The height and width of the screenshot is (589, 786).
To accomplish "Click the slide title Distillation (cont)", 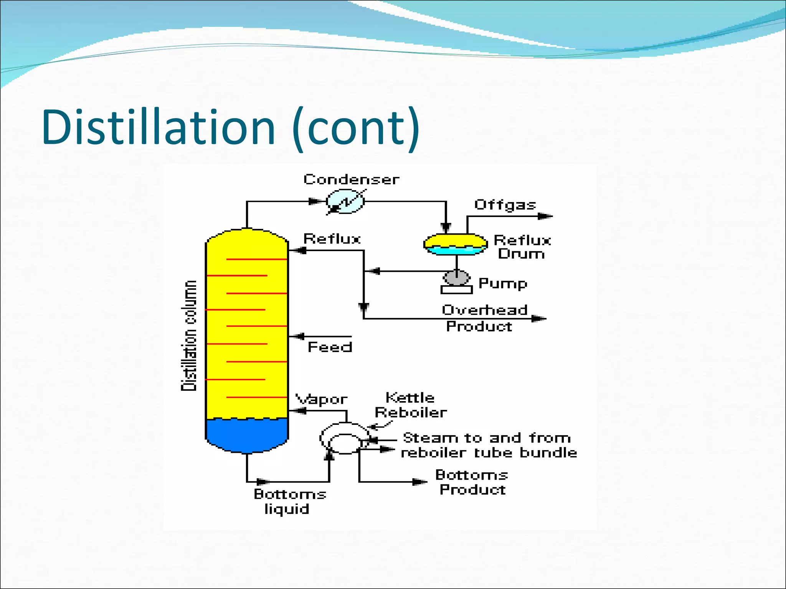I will coord(230,127).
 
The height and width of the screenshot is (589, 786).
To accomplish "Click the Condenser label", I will coord(351,179).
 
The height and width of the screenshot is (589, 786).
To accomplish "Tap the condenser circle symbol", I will coord(345,201).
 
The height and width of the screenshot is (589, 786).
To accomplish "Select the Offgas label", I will coord(505,205).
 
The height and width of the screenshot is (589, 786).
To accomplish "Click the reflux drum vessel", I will coord(456,244).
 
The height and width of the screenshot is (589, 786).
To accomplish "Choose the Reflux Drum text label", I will coord(522,247).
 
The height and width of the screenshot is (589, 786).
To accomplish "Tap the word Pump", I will coord(503,283).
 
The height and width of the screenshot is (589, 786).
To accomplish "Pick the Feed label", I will coord(330,347).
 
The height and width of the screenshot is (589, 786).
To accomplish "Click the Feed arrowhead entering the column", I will coord(298,337).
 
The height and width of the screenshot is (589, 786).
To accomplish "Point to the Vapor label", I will coord(321,400).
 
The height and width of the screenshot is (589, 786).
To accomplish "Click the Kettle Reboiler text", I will coord(411,405).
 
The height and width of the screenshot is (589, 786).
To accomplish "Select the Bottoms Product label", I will coord(472,482).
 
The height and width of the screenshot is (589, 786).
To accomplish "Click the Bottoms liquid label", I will coord(289,502).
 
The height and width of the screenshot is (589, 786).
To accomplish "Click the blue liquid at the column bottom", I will coord(246,436).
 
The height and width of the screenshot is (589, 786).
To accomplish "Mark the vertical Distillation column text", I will coord(189,336).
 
